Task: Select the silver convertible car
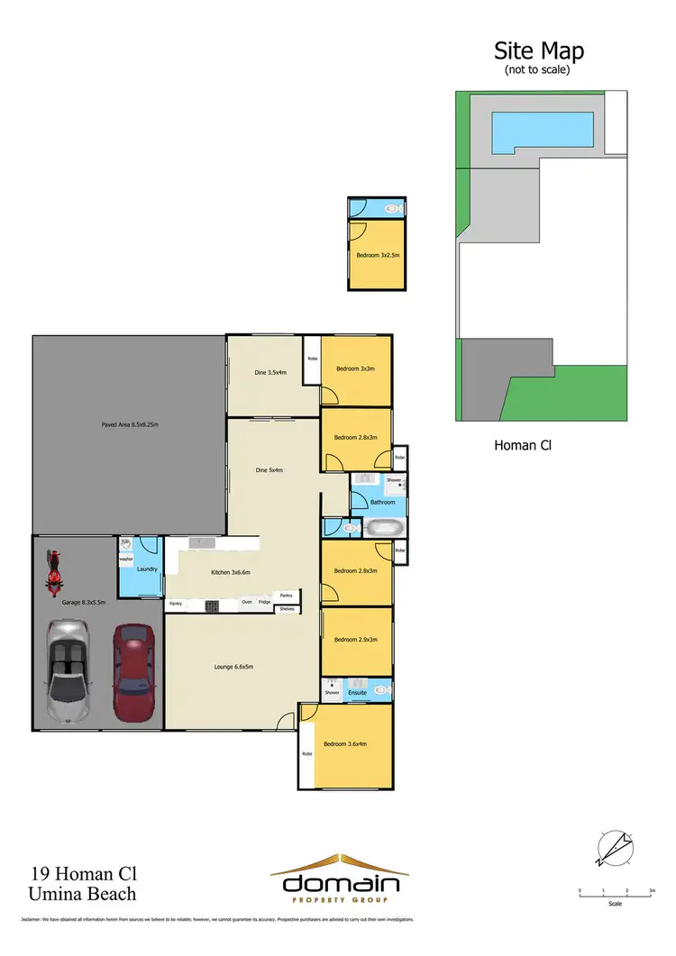[68, 671]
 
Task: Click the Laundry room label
[147, 569]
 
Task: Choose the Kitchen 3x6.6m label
[230, 572]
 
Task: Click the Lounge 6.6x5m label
[233, 666]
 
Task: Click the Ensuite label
[358, 692]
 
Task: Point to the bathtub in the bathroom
[385, 527]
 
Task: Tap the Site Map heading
[538, 50]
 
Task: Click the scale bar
[616, 895]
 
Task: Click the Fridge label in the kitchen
[264, 601]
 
